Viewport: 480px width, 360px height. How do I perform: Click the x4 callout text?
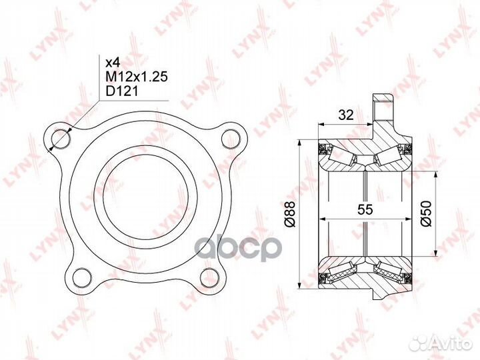(x=113, y=63)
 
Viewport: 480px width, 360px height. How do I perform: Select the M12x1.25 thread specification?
(x=137, y=77)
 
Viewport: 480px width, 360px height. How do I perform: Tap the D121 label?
(x=122, y=91)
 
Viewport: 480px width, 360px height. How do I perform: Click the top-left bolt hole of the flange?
(x=61, y=139)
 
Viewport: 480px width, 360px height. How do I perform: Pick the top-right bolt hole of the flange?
(x=231, y=139)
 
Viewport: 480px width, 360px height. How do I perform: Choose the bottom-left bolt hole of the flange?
(x=83, y=277)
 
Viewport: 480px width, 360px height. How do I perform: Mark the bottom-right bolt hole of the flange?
(x=209, y=277)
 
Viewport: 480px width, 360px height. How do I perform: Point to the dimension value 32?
(x=346, y=115)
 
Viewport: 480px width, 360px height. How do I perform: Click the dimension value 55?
(x=365, y=209)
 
